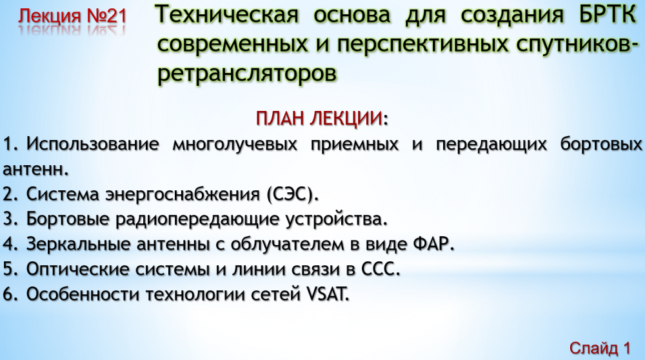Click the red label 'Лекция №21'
click(72, 16)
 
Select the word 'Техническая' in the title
click(228, 15)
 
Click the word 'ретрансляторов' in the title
click(247, 74)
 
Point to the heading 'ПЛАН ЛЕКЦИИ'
click(320, 119)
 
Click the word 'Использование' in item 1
click(92, 145)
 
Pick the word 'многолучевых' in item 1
click(235, 145)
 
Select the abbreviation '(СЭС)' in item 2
click(292, 194)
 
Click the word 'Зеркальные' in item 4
click(78, 245)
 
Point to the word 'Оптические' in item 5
click(78, 270)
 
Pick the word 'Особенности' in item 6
click(83, 295)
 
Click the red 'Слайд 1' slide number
click(600, 348)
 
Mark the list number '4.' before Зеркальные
click(11, 245)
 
